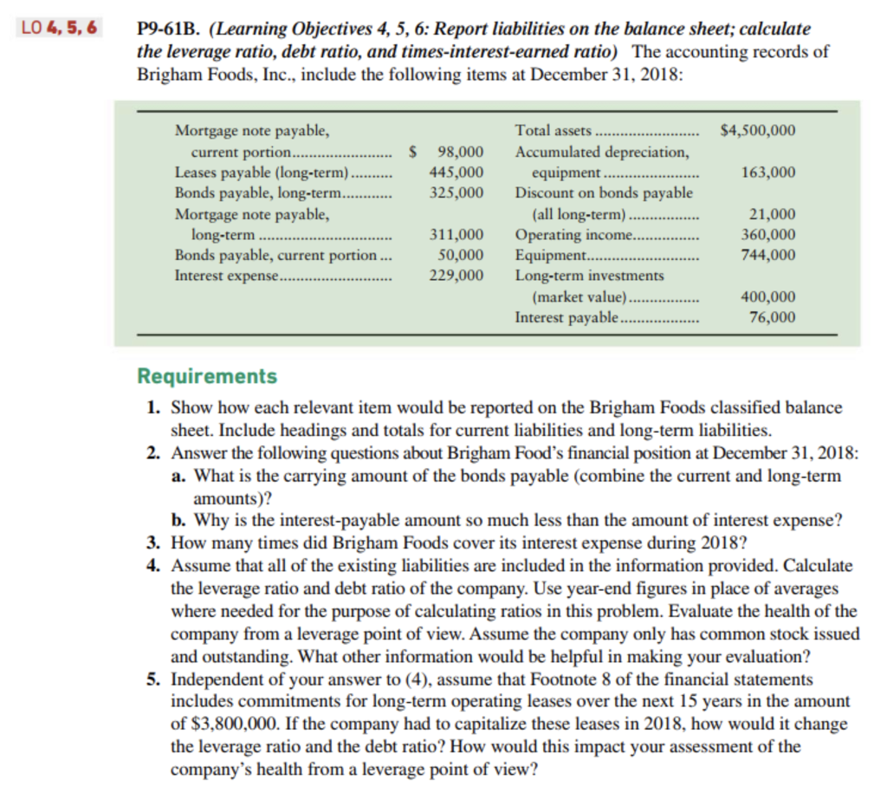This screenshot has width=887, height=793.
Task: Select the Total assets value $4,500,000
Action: [758, 131]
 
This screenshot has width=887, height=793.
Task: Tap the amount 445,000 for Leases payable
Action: [456, 172]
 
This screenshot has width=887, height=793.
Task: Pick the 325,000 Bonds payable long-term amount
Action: [456, 192]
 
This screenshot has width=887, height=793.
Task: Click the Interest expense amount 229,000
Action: [456, 276]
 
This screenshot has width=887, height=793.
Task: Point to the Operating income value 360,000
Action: [769, 234]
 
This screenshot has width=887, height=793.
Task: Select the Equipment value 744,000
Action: [769, 255]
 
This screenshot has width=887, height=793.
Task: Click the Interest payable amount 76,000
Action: [773, 317]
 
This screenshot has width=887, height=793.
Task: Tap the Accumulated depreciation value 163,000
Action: [769, 172]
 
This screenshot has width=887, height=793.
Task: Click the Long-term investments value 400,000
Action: [769, 297]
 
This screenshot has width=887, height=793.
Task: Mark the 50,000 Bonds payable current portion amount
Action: [460, 255]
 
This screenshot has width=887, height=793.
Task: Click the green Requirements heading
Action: [208, 376]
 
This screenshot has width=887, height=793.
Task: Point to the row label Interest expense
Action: [227, 276]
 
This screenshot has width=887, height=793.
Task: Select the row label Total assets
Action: [553, 131]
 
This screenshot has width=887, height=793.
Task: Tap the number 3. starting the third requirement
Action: [153, 543]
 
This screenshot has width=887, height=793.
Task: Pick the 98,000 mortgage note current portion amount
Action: [460, 152]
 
